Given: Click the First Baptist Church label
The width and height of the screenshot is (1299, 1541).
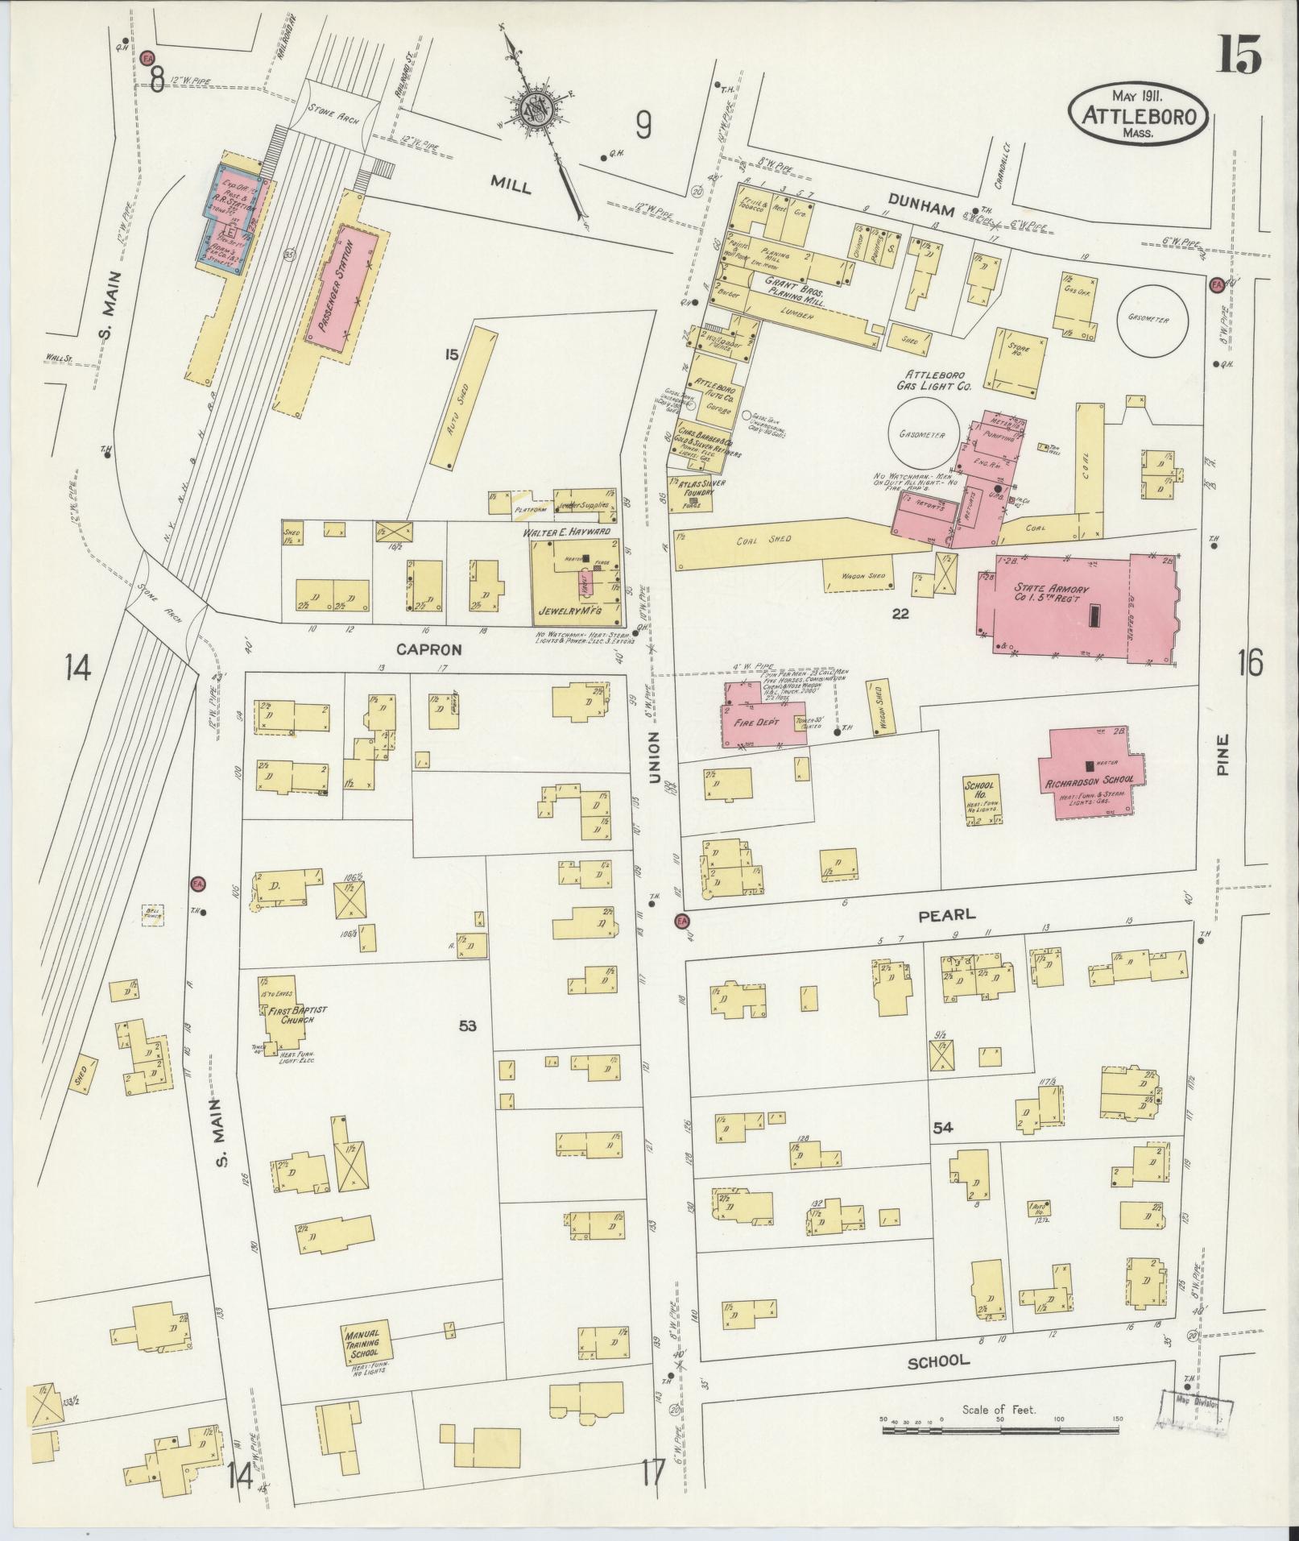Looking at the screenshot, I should pyautogui.click(x=287, y=1013).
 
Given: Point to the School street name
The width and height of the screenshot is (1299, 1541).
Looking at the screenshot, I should pyautogui.click(x=938, y=1361).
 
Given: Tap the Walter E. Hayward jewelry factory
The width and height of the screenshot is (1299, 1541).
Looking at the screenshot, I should pyautogui.click(x=575, y=580).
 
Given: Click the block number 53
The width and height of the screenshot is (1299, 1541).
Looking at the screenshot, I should pyautogui.click(x=468, y=1025).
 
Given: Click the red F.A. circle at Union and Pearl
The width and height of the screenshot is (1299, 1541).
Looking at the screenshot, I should pyautogui.click(x=682, y=921).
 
